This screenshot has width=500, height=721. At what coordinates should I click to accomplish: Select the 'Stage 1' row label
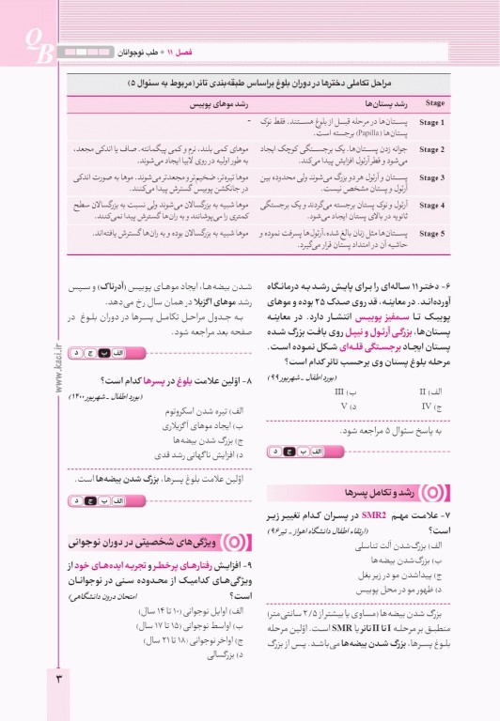[432, 123]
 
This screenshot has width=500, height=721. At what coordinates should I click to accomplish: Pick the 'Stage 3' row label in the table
[432, 177]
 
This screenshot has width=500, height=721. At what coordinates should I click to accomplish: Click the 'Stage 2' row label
[432, 149]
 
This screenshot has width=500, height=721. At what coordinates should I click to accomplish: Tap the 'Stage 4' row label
[432, 205]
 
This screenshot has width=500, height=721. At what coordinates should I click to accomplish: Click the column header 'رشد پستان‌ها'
[366, 103]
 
